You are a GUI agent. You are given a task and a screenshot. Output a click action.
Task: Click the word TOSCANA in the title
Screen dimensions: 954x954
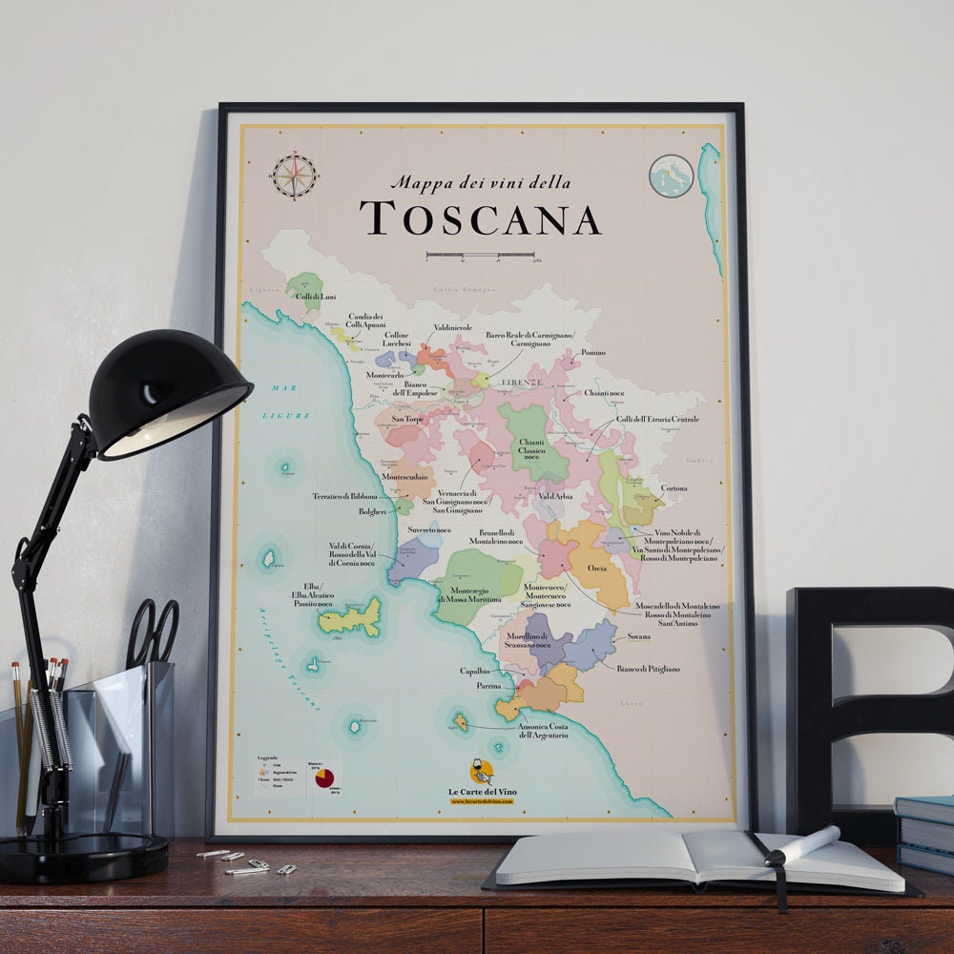pos(481,218)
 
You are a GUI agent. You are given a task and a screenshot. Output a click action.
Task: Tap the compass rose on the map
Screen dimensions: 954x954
pos(294,175)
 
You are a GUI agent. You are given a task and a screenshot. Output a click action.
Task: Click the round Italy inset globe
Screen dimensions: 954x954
pos(671,176)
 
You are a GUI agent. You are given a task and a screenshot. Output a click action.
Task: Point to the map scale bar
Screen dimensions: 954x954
pos(480,255)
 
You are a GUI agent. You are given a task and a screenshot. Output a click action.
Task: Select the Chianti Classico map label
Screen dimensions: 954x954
pos(531,447)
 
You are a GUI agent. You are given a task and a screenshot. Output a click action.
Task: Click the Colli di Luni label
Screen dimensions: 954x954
pos(315,297)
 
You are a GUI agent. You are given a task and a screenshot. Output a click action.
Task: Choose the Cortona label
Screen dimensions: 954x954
pos(674,488)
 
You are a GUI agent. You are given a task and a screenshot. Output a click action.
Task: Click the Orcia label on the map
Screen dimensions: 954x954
pos(597,568)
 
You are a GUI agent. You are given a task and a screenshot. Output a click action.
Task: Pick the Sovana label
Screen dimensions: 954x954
pos(638,635)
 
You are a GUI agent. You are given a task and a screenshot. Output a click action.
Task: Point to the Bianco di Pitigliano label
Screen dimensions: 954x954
pos(648,669)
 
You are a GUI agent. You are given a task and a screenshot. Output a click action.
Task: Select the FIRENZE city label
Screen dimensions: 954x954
pos(522,382)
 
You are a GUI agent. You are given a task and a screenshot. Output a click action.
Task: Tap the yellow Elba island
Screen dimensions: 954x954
pos(351,617)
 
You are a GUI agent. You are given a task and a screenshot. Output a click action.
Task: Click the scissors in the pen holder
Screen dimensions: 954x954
pos(153,629)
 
